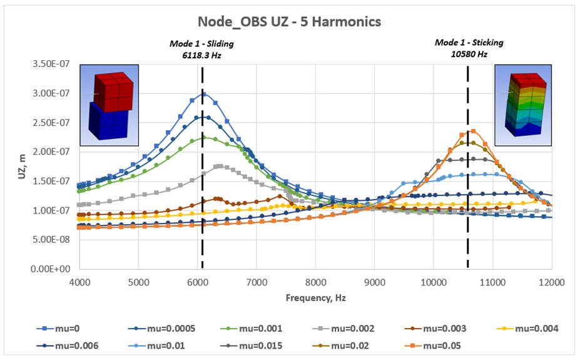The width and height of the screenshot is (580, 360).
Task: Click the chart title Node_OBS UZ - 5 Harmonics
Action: click(x=289, y=21)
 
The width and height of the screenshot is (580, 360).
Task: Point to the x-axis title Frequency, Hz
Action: click(x=315, y=297)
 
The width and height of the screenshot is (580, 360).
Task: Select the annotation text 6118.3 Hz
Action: click(x=201, y=54)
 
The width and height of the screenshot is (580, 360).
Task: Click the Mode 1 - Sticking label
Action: click(x=469, y=43)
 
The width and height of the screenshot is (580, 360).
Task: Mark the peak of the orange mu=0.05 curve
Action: click(x=473, y=131)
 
